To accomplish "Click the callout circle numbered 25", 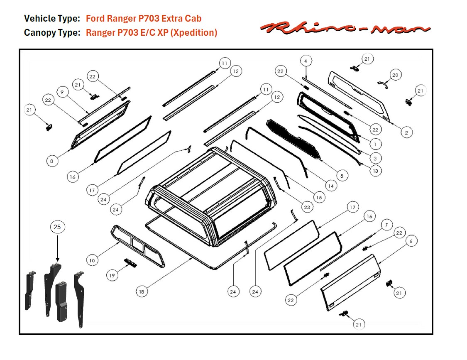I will point(57,227).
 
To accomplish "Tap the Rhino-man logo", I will point(345,28).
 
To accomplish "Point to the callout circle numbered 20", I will point(395,75).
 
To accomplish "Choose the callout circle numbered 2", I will point(406,132).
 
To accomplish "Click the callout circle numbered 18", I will point(142,291).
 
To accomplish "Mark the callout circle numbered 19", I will point(112,275).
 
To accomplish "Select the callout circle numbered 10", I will point(93,260).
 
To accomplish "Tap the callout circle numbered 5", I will point(341,176).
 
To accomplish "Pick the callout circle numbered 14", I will point(331,186).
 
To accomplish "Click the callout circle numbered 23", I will point(307,207).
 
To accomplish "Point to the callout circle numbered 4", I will point(306,61).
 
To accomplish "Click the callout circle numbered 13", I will point(375,171).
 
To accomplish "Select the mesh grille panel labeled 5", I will point(295,139).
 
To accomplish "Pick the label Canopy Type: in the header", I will point(52,32).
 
